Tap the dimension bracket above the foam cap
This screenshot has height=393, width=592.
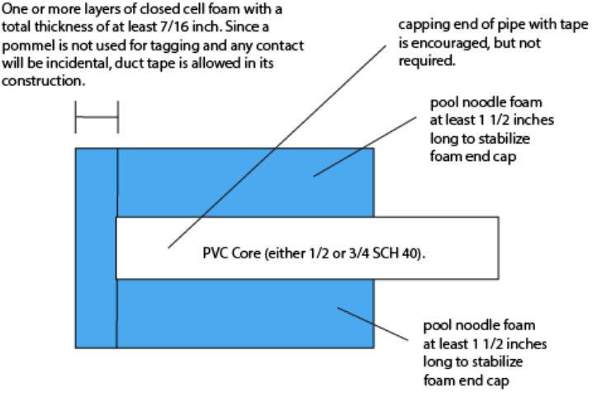pyautogui.click(x=97, y=117)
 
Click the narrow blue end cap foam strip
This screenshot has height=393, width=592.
pyautogui.click(x=96, y=248)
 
